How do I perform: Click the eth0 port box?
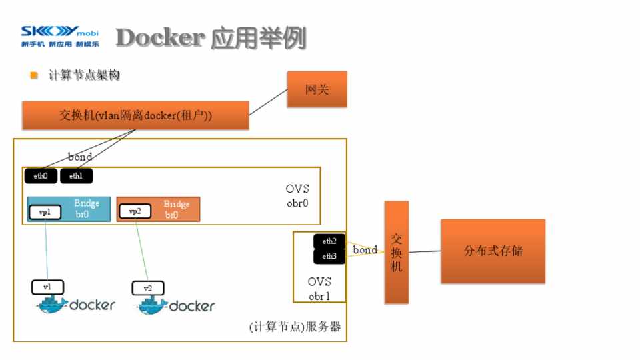pos(41,176)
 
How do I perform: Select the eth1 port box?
pos(76,176)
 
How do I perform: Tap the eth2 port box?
pos(329,241)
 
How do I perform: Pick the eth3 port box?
pos(329,256)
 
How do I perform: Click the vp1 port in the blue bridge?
pos(45,212)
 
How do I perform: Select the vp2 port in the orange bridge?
pos(135,212)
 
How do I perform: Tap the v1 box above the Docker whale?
pos(47,287)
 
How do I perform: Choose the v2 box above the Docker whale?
pos(148,289)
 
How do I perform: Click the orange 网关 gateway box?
pos(317,89)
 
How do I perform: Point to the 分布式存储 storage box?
pos(493,251)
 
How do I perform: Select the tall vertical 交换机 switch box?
pos(397,252)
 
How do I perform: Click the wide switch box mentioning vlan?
pos(135,115)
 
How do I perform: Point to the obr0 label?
pos(297,203)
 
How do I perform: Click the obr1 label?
pos(319,295)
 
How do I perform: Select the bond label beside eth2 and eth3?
pos(365,250)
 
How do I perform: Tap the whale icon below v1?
pos(52,306)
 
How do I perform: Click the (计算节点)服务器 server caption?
pos(295,327)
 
